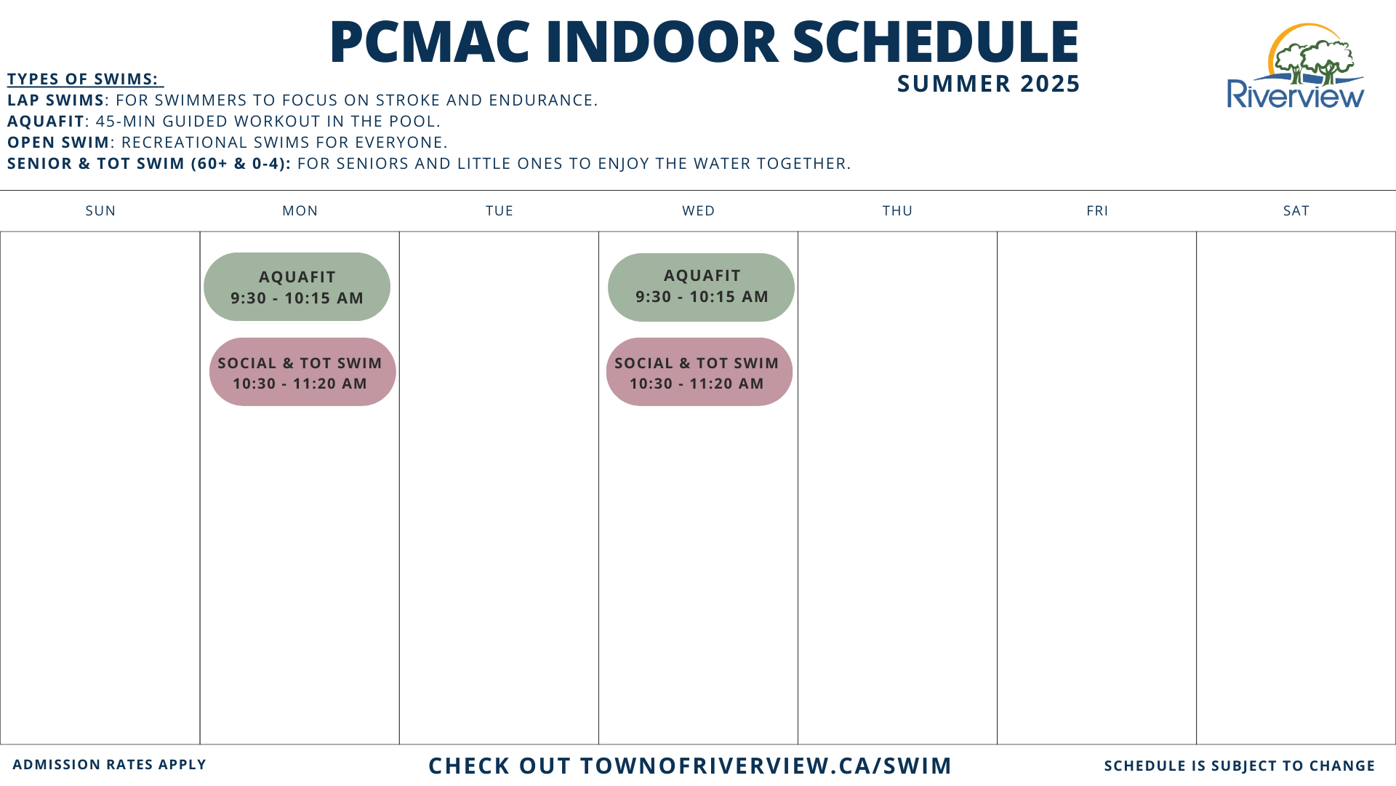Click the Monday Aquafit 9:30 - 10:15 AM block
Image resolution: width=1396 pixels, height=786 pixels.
(x=297, y=287)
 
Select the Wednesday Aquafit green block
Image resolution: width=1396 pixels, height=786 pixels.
(x=701, y=287)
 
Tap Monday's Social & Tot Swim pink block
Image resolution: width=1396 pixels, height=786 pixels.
(x=302, y=372)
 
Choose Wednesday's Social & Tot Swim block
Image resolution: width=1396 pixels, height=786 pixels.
(x=699, y=372)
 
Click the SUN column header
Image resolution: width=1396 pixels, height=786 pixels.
(x=100, y=211)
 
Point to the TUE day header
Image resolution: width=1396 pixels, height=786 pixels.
(x=500, y=211)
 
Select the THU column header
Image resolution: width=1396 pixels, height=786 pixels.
(x=897, y=211)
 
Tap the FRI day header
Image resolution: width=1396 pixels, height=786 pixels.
(x=1097, y=211)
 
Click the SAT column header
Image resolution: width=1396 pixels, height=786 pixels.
(x=1296, y=211)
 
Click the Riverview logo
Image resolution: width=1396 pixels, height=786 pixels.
(x=1296, y=67)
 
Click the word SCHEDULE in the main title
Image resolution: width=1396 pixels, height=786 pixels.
(x=936, y=42)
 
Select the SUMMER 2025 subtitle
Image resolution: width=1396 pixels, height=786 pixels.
(x=989, y=84)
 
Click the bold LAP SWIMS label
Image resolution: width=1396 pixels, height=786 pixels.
(x=56, y=100)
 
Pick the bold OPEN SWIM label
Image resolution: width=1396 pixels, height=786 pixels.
(x=58, y=143)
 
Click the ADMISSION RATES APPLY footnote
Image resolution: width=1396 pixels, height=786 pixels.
(x=110, y=765)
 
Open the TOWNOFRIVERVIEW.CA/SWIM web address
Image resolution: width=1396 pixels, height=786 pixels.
(x=766, y=766)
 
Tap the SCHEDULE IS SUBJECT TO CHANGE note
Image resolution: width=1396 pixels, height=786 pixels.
(x=1240, y=766)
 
